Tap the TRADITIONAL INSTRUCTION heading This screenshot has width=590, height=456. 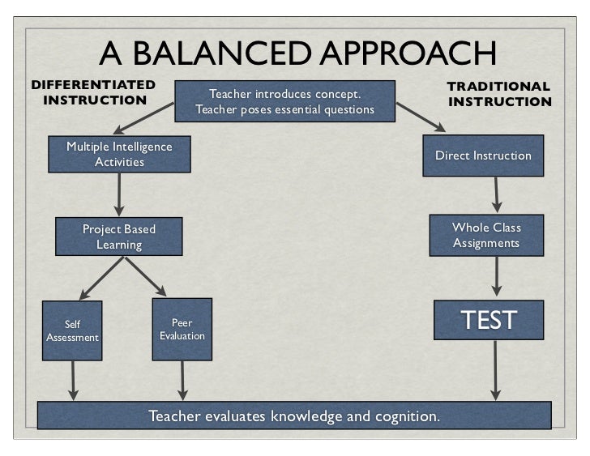499,94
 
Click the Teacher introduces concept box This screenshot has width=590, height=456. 284,101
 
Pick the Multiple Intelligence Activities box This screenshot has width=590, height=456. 119,154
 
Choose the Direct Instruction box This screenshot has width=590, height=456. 483,156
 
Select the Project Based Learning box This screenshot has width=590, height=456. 119,237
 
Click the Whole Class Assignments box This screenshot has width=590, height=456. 485,235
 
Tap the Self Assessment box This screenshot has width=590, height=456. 72,331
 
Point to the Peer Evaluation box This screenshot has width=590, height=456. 182,329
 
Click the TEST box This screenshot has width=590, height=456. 488,320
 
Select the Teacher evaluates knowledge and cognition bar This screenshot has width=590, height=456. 294,416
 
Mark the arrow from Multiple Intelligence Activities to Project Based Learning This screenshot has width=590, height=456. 120,194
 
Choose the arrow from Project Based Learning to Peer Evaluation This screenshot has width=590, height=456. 146,278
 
